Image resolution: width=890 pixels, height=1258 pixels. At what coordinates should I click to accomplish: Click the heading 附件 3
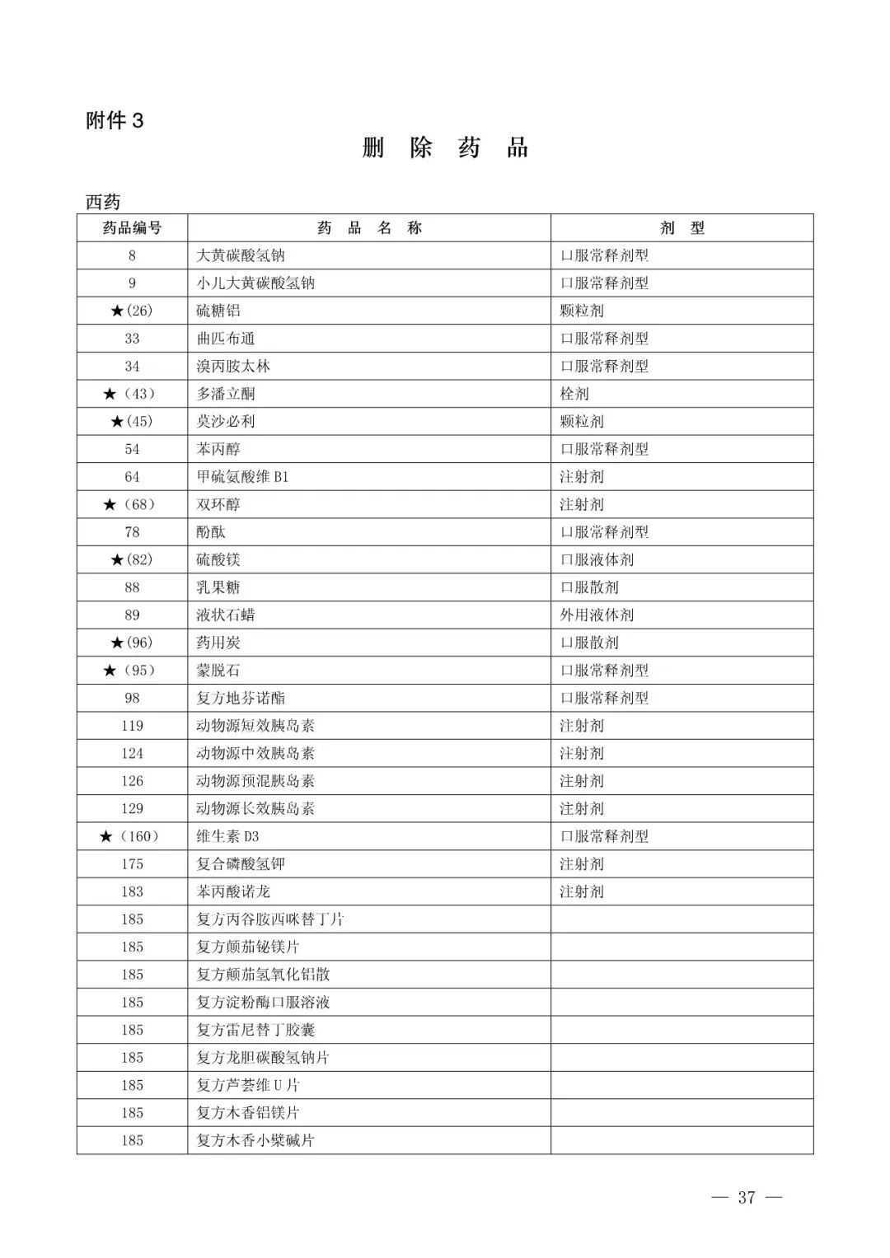point(115,121)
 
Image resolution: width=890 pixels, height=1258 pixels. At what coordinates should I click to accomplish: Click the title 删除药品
point(445,148)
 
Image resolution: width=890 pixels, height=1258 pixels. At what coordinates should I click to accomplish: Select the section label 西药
point(103,202)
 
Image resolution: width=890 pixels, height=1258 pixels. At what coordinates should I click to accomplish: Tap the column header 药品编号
point(132,228)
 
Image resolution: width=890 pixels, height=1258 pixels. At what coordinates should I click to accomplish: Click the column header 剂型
point(682,228)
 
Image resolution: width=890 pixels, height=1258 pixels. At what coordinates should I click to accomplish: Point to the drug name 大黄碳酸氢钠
point(240,255)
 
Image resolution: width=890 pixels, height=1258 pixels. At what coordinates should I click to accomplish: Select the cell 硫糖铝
point(218,311)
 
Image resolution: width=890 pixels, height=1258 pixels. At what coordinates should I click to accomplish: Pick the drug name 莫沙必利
point(226,422)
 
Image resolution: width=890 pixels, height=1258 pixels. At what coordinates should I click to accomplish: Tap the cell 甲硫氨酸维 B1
point(242,477)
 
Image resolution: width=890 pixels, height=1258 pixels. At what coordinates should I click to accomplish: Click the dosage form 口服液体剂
point(597,560)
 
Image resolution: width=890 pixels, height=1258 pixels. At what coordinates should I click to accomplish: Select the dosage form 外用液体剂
point(597,615)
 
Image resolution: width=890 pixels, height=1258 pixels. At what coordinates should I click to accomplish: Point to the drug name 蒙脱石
point(218,671)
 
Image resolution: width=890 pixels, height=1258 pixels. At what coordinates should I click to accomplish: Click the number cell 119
point(132,726)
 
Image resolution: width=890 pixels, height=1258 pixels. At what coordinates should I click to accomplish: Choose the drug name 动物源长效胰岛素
point(255,809)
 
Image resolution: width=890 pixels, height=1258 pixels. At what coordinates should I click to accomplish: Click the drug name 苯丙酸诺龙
point(233,891)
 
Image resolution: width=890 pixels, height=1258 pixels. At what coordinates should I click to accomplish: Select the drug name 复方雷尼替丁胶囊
point(255,1030)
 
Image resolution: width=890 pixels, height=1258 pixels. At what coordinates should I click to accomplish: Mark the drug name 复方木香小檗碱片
point(255,1140)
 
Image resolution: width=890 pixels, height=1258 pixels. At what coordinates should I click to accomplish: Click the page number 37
point(747,1198)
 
